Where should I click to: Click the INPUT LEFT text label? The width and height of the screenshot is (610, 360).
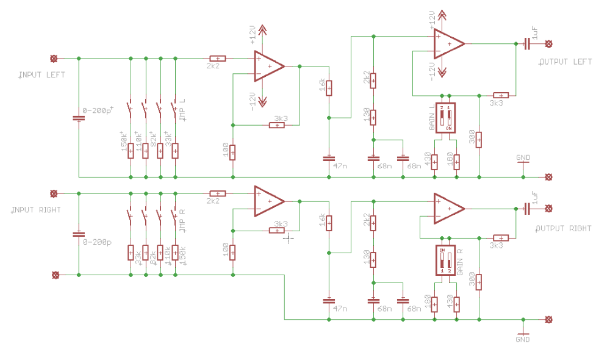coord(42,75)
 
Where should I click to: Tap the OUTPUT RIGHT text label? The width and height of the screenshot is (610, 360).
coord(564,228)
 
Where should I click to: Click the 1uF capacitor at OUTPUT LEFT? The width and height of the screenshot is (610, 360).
coord(526,43)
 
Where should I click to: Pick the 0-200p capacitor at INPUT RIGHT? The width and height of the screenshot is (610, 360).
coord(79,234)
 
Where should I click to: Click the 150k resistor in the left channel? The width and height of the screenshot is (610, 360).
coord(131,151)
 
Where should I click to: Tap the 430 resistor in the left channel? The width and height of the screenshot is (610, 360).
coord(434,162)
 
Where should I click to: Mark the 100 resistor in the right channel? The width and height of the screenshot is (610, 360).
coord(232,252)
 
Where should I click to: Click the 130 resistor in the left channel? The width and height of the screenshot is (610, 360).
coord(373,117)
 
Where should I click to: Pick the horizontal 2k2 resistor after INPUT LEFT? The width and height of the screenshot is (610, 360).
coord(217,59)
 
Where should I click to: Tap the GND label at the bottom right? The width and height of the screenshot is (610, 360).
coord(523,339)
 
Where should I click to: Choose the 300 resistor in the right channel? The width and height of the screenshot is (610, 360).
coord(479,282)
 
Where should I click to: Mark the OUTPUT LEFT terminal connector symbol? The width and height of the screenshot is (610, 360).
coord(548,43)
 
